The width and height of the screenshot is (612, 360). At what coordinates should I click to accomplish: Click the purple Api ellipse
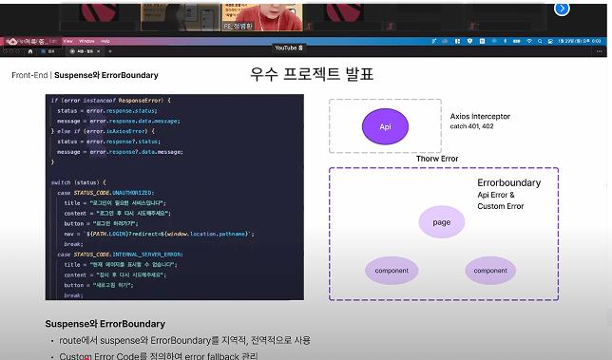click(x=385, y=126)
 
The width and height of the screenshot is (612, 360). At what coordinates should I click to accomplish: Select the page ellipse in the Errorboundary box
click(x=441, y=222)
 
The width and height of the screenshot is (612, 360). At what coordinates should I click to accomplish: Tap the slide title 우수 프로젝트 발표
click(x=312, y=73)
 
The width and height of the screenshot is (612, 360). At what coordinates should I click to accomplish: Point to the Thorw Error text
click(x=436, y=159)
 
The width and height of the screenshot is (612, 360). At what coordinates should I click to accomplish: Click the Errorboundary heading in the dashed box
click(x=508, y=182)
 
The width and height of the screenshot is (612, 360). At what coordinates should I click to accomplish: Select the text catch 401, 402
click(x=471, y=126)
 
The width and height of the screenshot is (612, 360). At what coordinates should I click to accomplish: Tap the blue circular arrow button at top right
click(x=562, y=9)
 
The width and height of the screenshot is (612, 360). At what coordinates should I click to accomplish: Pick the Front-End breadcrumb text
click(x=29, y=75)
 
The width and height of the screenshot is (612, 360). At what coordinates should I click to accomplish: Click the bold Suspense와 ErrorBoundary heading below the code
click(x=105, y=324)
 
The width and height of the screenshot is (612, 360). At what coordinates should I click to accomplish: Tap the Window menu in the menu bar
click(x=86, y=41)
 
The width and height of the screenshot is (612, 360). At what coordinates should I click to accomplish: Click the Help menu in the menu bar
click(x=105, y=41)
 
